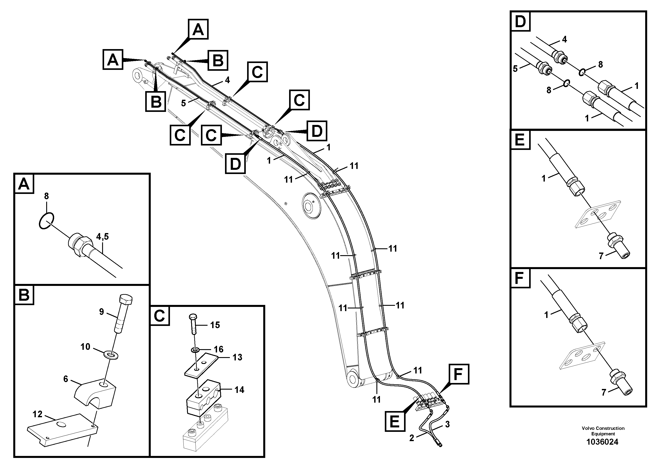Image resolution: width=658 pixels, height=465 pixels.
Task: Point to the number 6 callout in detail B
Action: [66, 379]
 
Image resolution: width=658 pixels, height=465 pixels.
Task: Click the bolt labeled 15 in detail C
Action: [193, 324]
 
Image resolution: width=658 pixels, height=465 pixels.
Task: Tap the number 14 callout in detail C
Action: [239, 390]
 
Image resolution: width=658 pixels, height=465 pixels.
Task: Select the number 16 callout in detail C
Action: [219, 349]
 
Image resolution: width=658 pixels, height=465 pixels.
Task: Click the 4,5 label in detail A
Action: [102, 237]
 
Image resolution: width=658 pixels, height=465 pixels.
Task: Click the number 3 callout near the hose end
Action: [447, 424]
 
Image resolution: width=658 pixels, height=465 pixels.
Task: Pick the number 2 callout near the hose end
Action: [412, 438]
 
